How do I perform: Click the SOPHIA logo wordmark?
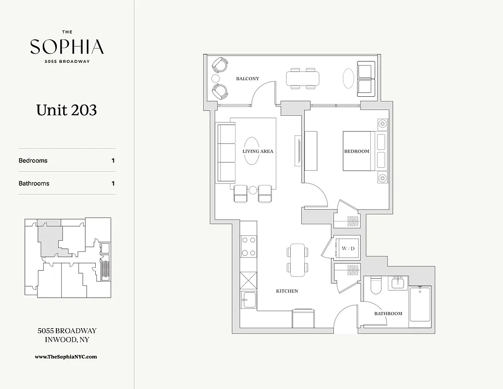[x=67, y=47]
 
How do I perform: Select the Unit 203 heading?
[x=67, y=110]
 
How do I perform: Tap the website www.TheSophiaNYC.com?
[x=66, y=356]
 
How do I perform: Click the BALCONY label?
[x=247, y=79]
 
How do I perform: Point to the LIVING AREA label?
[x=258, y=151]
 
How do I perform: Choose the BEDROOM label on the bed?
[x=357, y=151]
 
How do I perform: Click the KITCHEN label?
[x=287, y=291]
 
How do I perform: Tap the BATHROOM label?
[x=388, y=314]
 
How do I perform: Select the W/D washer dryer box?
[x=348, y=248]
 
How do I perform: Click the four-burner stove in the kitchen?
[x=249, y=246]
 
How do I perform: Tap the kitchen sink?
[x=248, y=300]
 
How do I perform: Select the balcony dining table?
[x=303, y=78]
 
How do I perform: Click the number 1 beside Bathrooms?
[x=113, y=183]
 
